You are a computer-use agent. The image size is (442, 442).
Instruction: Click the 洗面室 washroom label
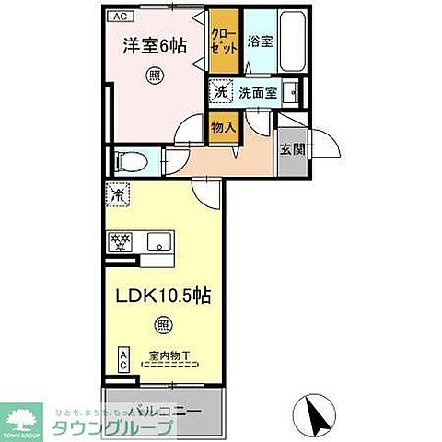tap(257, 92)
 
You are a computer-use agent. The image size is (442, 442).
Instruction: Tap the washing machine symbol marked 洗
tap(220, 91)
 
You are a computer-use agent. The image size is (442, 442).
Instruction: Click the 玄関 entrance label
tap(289, 145)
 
